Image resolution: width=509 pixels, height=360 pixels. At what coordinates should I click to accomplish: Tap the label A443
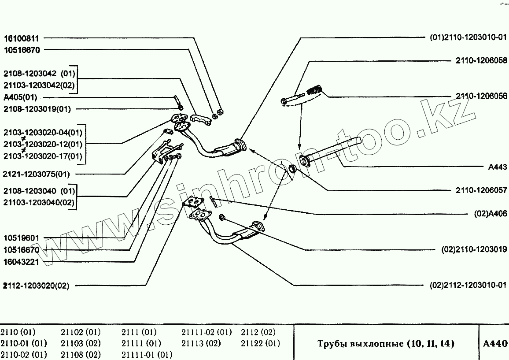[498, 167]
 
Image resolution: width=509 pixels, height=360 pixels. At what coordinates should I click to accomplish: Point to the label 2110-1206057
[481, 190]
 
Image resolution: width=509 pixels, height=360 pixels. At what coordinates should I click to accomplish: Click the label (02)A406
[491, 214]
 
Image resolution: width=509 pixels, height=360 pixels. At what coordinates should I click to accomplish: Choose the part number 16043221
[22, 262]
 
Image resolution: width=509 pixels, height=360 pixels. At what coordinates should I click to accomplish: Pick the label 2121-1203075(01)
[36, 174]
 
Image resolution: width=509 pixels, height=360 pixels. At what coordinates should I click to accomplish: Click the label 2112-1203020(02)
[36, 286]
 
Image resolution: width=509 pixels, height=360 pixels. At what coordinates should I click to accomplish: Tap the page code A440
[495, 343]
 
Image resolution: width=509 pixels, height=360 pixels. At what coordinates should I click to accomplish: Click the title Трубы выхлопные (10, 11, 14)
[385, 343]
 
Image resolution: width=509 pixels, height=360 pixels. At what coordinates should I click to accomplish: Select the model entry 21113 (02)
[201, 343]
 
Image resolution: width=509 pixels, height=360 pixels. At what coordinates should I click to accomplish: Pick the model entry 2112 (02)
[258, 332]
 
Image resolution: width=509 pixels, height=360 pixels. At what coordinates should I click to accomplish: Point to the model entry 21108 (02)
[81, 354]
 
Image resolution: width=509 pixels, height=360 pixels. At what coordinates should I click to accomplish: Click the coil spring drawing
[314, 91]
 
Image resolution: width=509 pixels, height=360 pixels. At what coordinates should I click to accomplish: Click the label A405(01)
[20, 97]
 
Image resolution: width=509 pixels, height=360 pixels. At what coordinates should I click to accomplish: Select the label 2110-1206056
[481, 96]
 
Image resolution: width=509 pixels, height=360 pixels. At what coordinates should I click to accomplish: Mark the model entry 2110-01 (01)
[23, 343]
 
